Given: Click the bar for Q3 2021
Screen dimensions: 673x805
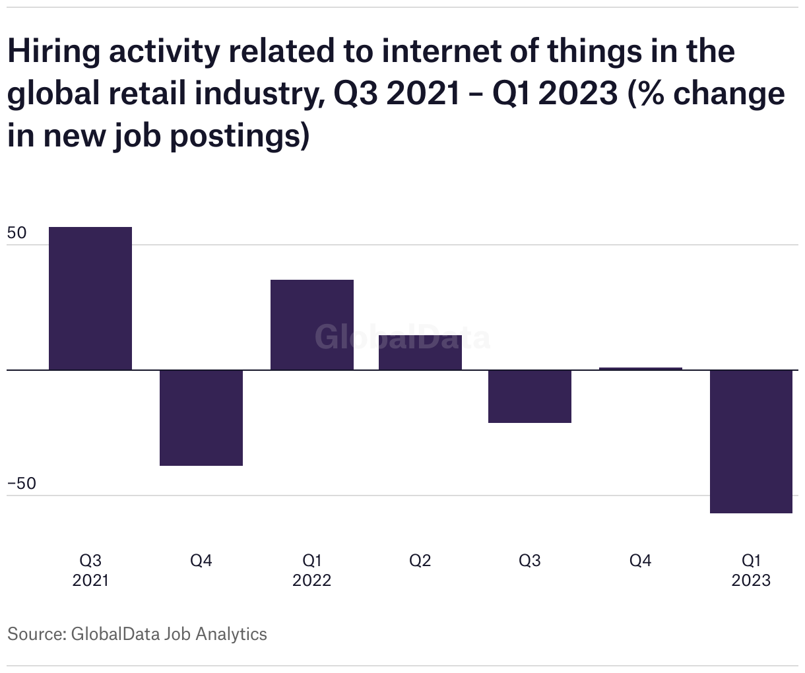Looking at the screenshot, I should (x=90, y=298).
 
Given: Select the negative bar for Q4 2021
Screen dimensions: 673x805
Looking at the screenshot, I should (x=201, y=418).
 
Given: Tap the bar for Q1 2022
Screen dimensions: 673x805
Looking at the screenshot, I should (x=312, y=325).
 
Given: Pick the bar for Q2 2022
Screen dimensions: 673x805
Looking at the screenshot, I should (x=420, y=352).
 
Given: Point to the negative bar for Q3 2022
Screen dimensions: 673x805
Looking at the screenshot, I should (x=530, y=396).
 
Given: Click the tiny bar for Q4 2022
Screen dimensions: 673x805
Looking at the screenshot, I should (x=641, y=368).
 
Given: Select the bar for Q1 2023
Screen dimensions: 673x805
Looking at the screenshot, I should (x=751, y=441).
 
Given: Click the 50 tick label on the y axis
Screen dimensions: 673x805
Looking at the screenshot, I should (x=17, y=234).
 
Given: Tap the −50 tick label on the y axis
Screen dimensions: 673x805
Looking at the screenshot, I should (x=22, y=484).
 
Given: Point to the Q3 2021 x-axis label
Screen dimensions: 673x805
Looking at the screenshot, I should (x=90, y=570).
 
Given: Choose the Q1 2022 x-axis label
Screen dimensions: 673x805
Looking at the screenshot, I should (x=312, y=570).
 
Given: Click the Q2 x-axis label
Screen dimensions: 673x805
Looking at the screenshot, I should (x=420, y=561).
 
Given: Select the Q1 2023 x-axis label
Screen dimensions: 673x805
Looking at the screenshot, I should (x=751, y=570).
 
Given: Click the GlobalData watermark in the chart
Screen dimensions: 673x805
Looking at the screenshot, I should (x=402, y=337).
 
